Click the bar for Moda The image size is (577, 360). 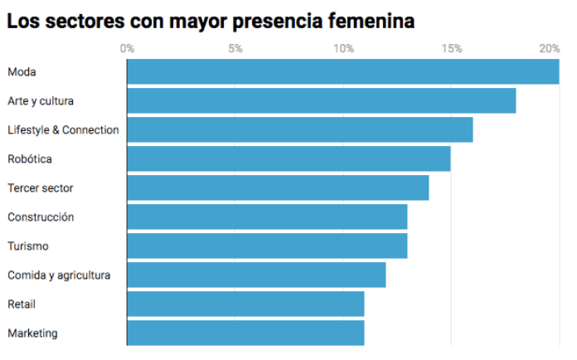coord(342,72)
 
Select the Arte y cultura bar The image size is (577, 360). coord(321,101)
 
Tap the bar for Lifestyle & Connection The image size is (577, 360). coord(299,130)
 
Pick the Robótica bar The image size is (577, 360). coord(288,158)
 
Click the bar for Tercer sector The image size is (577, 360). coord(278,187)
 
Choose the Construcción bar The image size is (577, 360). coord(267,216)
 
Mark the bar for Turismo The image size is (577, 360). coord(267,246)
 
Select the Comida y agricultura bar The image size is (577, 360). coord(256,275)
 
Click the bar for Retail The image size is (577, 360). coord(245,304)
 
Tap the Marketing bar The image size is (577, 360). coord(245,333)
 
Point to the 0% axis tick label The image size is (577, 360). coord(127,49)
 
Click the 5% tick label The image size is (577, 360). coord(235,49)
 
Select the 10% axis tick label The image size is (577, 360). coord(343,49)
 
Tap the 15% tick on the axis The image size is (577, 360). coord(452,49)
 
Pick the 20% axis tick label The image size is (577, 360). coord(549,49)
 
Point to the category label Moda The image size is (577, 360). coord(22,72)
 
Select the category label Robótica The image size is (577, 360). coord(30,158)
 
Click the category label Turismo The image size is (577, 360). coord(28,246)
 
